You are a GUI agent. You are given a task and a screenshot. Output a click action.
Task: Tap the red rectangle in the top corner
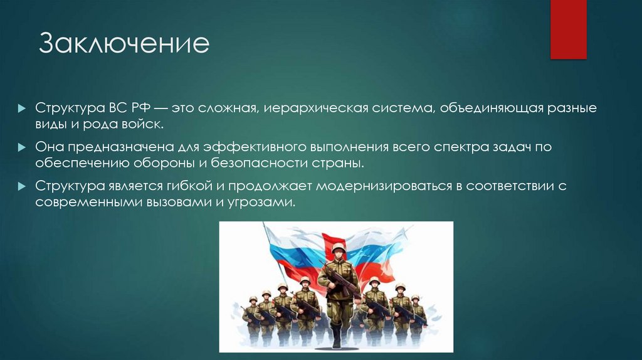(x=568, y=29)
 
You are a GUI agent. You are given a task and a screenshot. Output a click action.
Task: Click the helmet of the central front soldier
(x=339, y=248)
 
